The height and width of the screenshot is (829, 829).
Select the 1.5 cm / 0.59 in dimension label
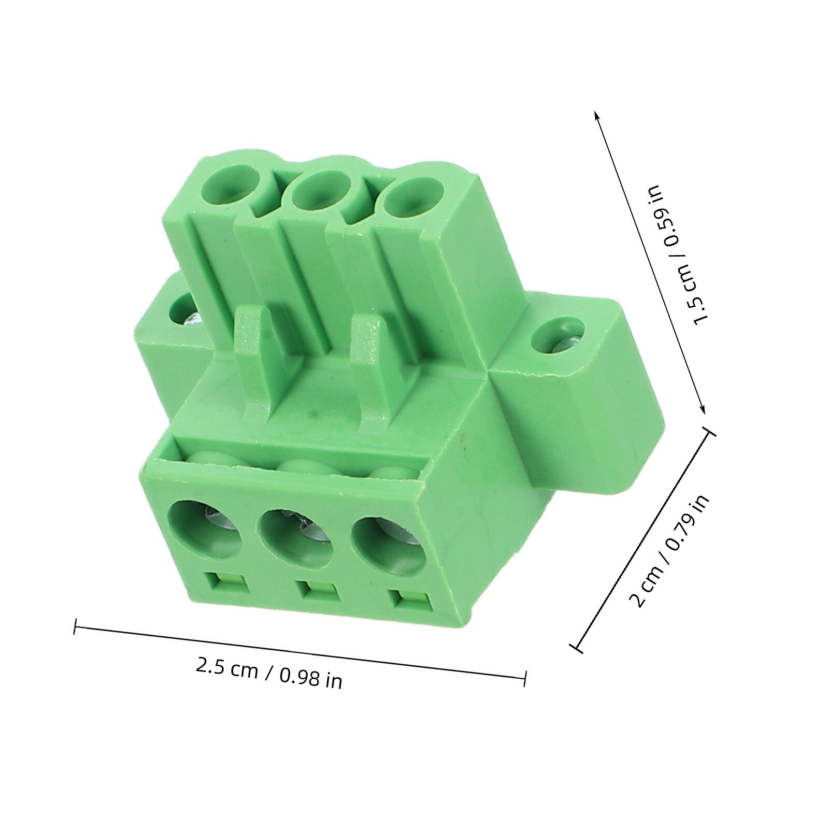point(679,254)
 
